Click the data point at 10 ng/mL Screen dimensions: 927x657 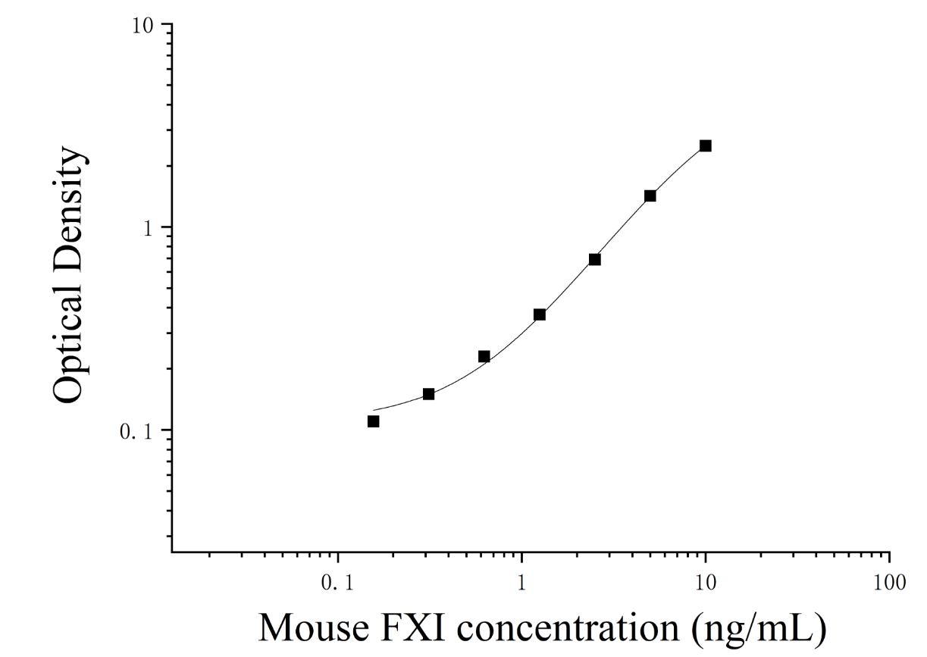[x=706, y=145]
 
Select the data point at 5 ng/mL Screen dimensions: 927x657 [x=650, y=196]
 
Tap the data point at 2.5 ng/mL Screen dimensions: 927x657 [x=595, y=259]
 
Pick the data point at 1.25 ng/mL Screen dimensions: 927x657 [x=540, y=314]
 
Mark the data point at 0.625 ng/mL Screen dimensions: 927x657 [x=484, y=356]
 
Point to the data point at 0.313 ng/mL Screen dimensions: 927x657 [x=429, y=394]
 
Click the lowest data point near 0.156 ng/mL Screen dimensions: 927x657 [x=373, y=421]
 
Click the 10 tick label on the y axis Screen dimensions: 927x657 [x=142, y=26]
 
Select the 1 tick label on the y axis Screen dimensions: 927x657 [x=148, y=228]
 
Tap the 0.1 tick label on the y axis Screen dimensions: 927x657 [x=136, y=431]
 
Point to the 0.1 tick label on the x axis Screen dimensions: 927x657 [x=338, y=583]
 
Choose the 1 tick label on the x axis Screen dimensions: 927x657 [x=521, y=583]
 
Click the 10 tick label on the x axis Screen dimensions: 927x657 [x=705, y=583]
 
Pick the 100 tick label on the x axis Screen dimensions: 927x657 [x=890, y=583]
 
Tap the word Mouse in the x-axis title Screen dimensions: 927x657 [x=314, y=627]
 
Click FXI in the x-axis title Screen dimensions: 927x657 [x=412, y=627]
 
